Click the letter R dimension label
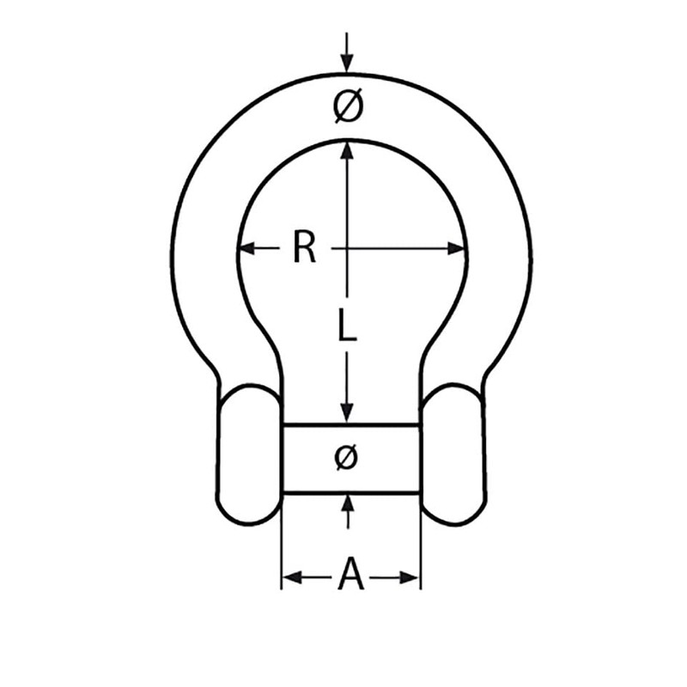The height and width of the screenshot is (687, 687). pos(304,248)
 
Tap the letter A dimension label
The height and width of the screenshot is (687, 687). pos(351,575)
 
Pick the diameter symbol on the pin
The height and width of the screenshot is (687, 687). pos(345,458)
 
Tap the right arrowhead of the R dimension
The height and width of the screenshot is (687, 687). pos(457,249)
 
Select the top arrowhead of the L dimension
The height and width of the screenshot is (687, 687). pos(346,149)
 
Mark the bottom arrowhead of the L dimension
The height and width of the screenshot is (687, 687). pos(346,413)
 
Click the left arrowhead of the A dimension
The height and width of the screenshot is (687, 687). pos(292,577)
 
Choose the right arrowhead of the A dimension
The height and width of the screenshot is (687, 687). pos(410,577)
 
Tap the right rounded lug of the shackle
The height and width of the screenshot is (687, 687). pos(453,455)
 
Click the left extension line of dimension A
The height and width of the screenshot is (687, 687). pos(282,550)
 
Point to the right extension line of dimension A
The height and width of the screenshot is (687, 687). pos(421,550)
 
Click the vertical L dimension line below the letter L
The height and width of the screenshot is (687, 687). pos(346,378)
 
